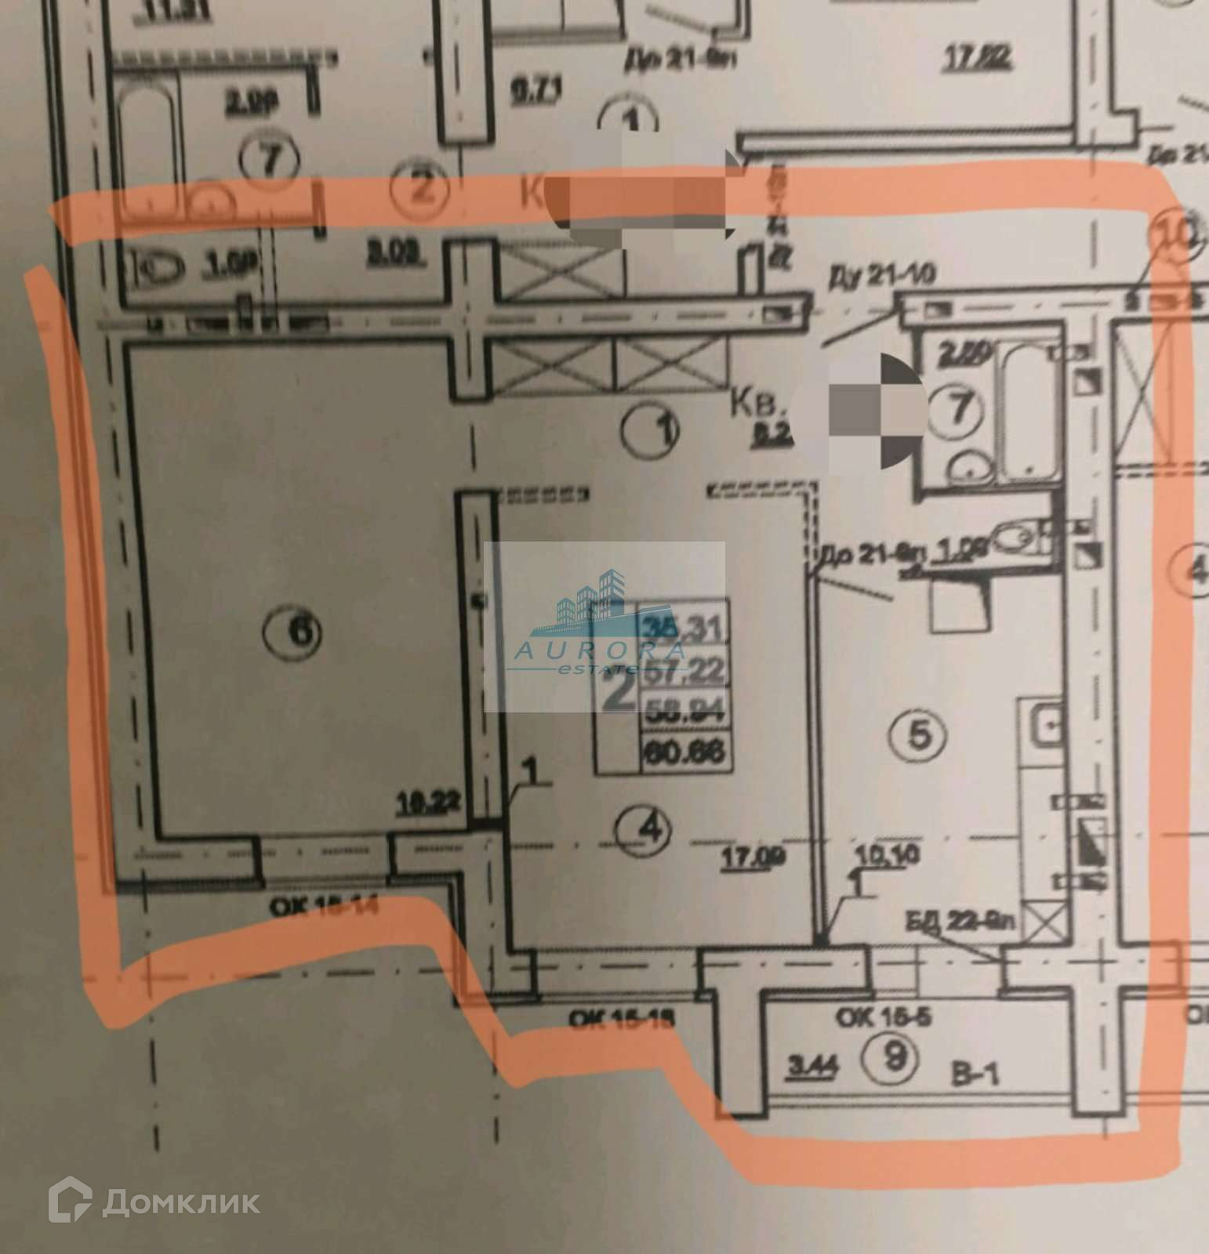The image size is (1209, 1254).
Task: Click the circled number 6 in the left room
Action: pos(304,628)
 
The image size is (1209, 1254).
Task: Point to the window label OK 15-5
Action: pos(887,1019)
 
